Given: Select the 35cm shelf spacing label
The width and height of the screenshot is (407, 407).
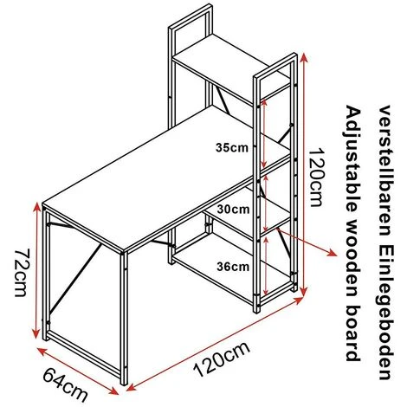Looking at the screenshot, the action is [x=232, y=148].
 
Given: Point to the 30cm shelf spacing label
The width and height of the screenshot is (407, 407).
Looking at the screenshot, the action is [x=233, y=210].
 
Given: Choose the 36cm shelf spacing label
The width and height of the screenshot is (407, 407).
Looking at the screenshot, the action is [x=233, y=267].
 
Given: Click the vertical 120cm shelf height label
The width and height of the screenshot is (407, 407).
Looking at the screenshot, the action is [x=315, y=178].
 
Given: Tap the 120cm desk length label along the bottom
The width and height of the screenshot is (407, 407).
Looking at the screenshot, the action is [x=223, y=359].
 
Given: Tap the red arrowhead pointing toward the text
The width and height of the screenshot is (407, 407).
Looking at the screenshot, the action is [x=333, y=253].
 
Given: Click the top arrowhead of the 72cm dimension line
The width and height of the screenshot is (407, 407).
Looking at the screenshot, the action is [x=36, y=207].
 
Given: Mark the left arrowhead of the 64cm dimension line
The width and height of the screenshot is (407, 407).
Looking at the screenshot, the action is [x=42, y=351].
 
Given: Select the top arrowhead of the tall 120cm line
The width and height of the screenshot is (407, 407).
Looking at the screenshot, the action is [x=304, y=57].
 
